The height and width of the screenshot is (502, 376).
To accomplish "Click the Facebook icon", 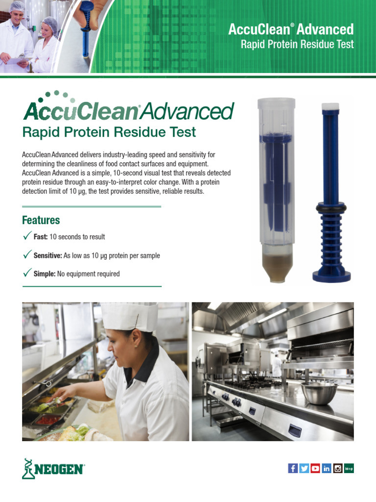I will click(x=293, y=468).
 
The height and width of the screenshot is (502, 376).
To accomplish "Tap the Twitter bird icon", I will click(x=304, y=468).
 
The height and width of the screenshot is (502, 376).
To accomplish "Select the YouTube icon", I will click(x=315, y=468).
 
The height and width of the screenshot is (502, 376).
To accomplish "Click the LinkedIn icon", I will click(x=327, y=468).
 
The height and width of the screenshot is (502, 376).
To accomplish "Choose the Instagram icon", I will click(x=338, y=468).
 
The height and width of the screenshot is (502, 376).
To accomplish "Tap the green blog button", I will click(x=349, y=468).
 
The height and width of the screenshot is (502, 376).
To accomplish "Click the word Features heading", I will click(x=41, y=220).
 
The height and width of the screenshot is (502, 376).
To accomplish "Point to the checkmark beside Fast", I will click(x=27, y=236).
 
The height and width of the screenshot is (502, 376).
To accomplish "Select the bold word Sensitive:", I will click(x=47, y=255).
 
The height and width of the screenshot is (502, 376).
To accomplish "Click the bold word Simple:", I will click(x=45, y=274).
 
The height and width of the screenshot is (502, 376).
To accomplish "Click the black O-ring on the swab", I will click(x=331, y=208).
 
